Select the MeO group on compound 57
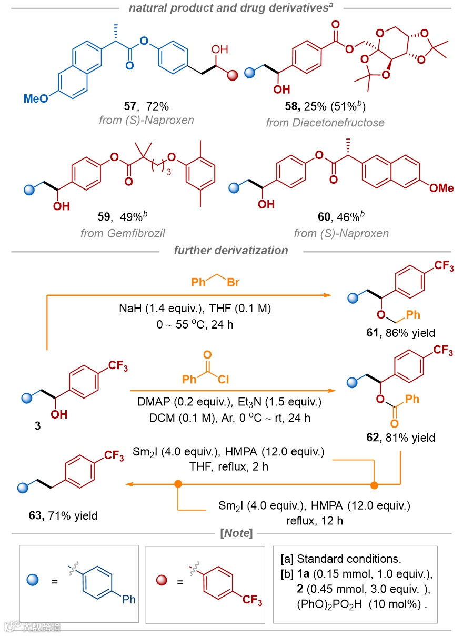pos(36,98)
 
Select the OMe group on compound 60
pos(441,188)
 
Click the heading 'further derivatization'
pos(231,250)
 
